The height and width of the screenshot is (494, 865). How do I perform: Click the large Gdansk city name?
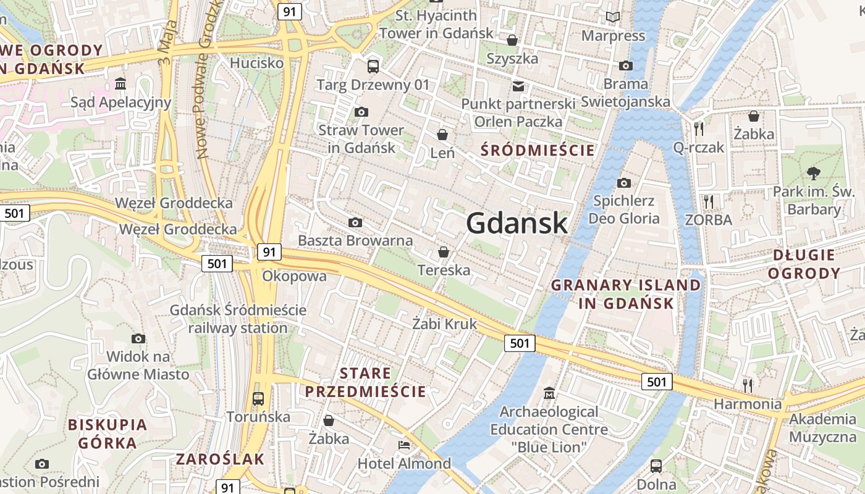click(517, 222)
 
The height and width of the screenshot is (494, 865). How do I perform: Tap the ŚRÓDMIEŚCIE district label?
click(538, 150)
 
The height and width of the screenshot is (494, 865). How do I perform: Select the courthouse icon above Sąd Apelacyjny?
click(120, 83)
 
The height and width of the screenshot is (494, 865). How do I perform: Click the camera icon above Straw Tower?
click(361, 112)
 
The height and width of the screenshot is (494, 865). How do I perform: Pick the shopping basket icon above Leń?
click(442, 134)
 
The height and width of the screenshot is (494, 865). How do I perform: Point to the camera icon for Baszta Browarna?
click(355, 222)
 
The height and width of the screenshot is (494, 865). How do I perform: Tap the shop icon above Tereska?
click(443, 252)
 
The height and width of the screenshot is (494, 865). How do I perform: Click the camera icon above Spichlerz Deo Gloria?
click(623, 183)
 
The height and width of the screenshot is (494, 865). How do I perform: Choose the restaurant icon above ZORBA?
click(708, 201)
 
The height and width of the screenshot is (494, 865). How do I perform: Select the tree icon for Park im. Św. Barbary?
click(814, 173)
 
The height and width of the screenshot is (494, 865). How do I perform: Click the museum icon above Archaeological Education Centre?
click(549, 393)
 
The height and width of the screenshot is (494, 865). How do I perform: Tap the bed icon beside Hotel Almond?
click(404, 445)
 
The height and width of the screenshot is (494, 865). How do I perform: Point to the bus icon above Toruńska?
click(258, 398)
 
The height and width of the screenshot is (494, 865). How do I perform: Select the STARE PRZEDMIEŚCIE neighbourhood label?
click(365, 382)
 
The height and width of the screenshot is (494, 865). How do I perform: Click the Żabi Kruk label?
click(445, 324)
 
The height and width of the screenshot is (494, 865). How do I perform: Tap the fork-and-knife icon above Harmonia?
click(748, 385)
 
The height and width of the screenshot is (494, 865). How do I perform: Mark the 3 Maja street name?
click(167, 43)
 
